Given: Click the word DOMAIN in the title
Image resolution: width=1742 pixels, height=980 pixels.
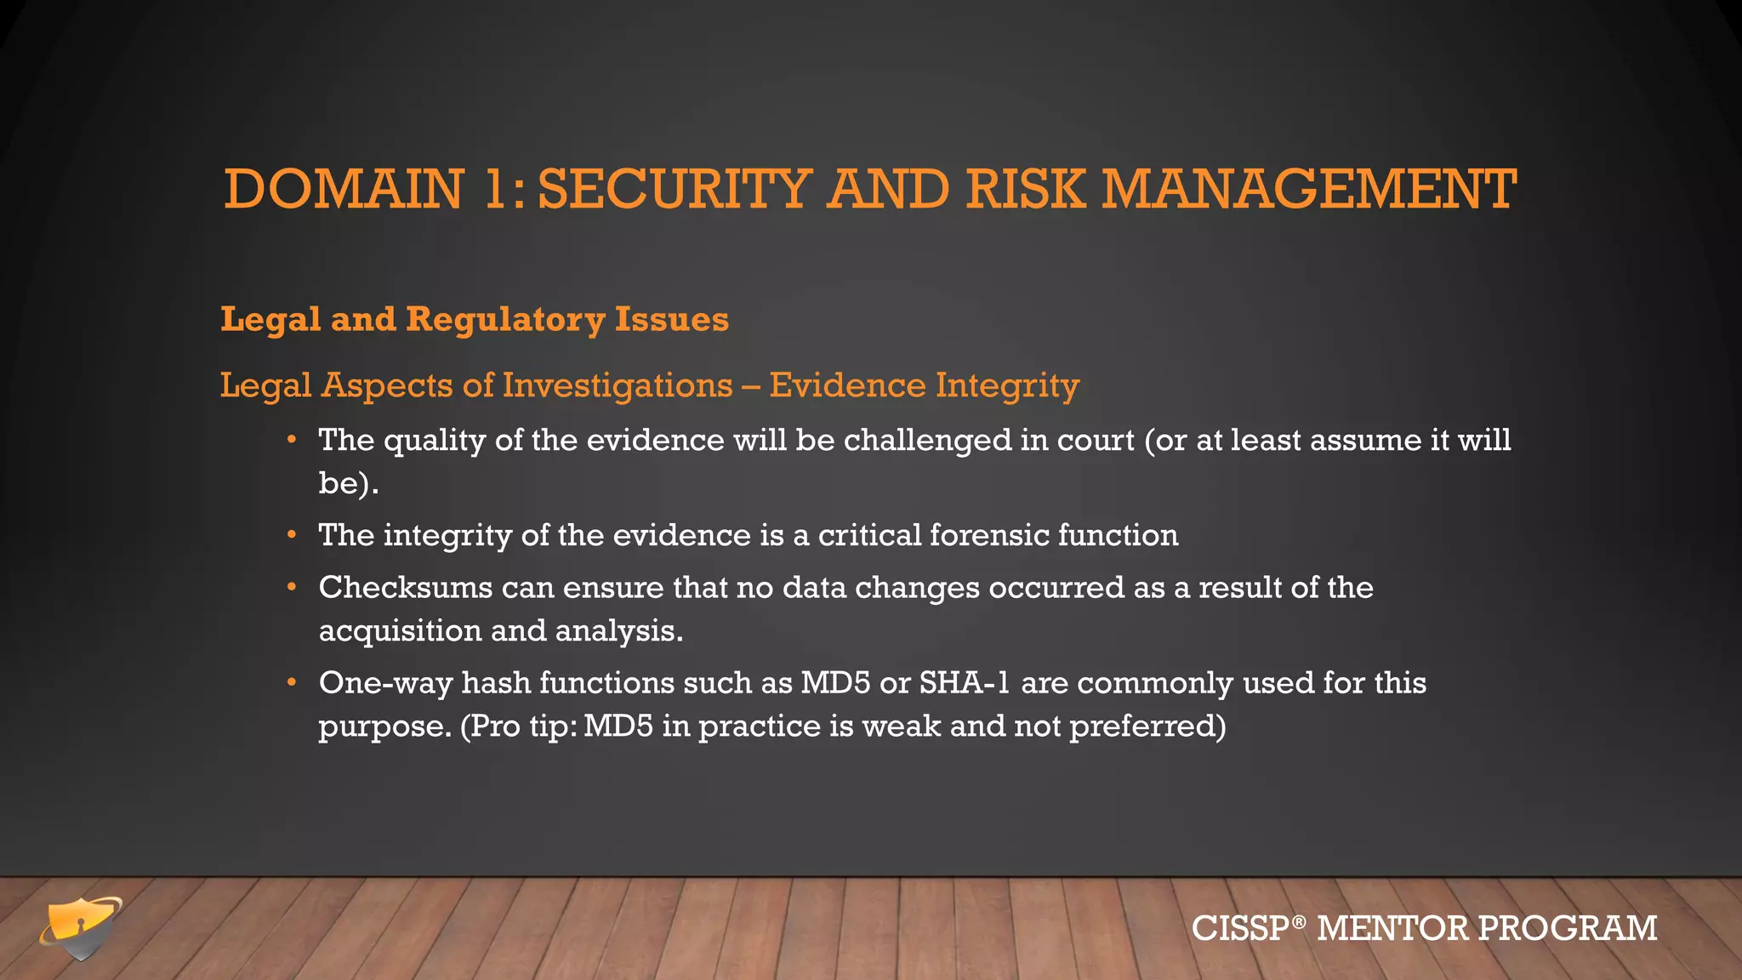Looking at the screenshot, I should [x=344, y=189].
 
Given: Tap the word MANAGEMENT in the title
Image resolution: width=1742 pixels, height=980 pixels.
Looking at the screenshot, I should [x=1309, y=189].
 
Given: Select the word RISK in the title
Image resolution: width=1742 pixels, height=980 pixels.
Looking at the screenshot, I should [x=1025, y=189].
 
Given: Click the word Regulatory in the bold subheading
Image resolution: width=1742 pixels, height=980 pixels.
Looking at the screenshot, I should [x=505, y=320].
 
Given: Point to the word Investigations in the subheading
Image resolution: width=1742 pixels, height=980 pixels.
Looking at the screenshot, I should [x=618, y=385].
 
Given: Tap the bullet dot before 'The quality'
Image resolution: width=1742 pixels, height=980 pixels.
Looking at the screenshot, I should [x=292, y=441].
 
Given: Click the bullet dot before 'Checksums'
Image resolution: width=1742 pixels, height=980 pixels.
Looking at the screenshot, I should [x=292, y=588].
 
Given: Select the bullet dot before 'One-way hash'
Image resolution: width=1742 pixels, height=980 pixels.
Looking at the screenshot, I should [x=292, y=683].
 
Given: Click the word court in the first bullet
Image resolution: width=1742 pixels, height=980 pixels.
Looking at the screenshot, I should [x=1096, y=441].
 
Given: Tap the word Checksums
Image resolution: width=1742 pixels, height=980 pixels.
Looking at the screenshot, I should [x=406, y=588].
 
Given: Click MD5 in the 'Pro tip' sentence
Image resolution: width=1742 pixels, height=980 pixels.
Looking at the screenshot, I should [x=618, y=726].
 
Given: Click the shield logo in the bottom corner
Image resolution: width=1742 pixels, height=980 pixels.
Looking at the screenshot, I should [x=81, y=927].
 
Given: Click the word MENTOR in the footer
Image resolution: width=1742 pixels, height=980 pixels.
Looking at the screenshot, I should [x=1392, y=928].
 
